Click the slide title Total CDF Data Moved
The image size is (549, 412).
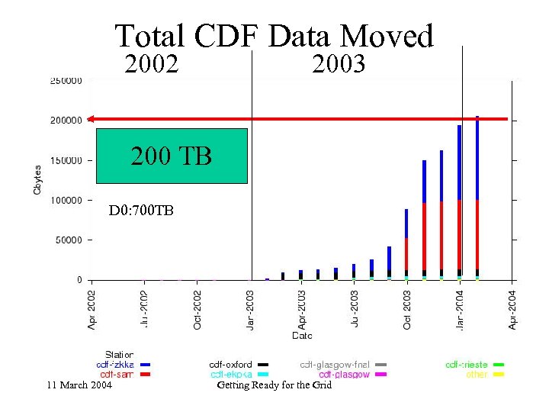[x=274, y=36]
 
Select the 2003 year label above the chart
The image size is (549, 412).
[x=339, y=64]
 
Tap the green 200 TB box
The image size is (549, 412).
[x=172, y=156]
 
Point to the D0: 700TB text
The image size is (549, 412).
[x=141, y=210]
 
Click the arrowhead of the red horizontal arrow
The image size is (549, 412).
[x=91, y=118]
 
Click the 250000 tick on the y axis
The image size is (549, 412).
[x=67, y=80]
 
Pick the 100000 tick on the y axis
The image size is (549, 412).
[x=67, y=200]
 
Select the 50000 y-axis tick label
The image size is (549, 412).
[x=69, y=240]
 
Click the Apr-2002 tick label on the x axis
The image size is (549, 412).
[x=92, y=309]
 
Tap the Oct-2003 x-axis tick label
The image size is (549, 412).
[x=407, y=309]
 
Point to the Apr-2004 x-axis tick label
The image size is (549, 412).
[x=512, y=309]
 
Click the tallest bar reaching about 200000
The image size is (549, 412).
[x=477, y=198]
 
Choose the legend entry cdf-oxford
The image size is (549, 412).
[x=232, y=365]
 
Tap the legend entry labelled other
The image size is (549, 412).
[x=477, y=375]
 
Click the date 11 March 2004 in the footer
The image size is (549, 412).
[x=79, y=385]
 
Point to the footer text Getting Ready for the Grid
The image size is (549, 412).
[x=274, y=385]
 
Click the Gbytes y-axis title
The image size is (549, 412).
[x=37, y=179]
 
